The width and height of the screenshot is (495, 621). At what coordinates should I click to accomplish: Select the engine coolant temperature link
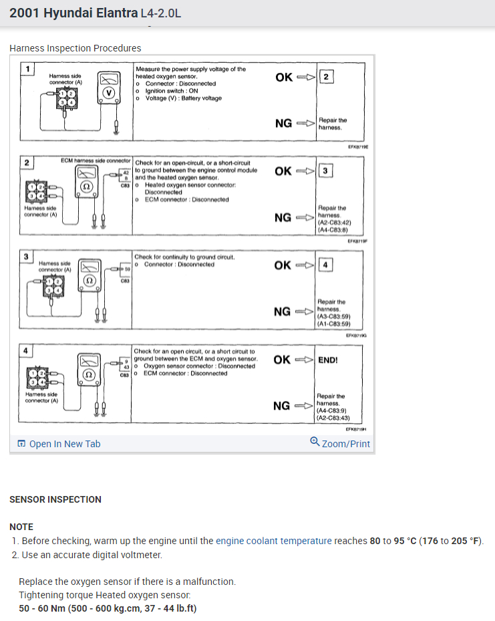273,541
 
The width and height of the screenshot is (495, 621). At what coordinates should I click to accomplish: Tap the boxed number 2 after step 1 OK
325,77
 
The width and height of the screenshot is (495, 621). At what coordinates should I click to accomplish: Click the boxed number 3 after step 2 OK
325,171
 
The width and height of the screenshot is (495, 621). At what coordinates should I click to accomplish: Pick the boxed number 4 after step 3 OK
325,265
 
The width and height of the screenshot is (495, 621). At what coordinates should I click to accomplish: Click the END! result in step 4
328,360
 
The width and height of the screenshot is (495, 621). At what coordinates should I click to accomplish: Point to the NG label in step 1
283,124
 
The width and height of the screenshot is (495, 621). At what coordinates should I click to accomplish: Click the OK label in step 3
283,265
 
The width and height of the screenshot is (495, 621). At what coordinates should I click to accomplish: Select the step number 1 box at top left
27,69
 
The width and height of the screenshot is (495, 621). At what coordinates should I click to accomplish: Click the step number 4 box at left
26,351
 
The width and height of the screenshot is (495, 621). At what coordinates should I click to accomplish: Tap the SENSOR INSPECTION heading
55,499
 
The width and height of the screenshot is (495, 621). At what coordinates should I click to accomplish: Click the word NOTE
21,527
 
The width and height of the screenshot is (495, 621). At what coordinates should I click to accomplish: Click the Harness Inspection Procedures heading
75,48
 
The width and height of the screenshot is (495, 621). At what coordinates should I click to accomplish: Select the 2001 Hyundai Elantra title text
78,13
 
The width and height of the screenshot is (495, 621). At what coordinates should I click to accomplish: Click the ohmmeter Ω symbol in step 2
85,187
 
